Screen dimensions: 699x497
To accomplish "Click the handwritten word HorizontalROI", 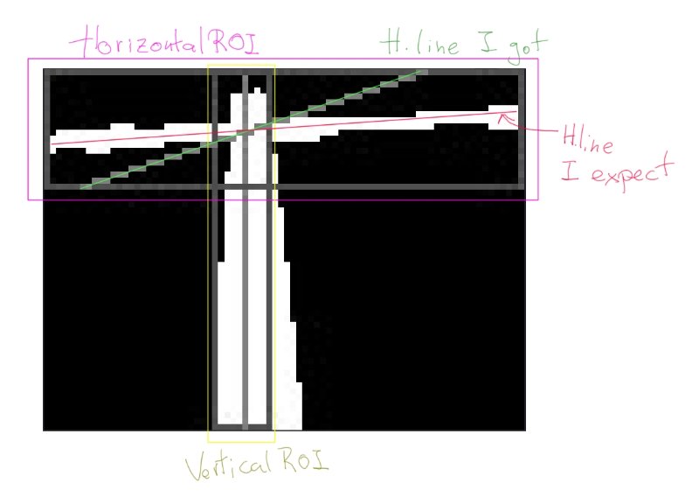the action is coord(164,42).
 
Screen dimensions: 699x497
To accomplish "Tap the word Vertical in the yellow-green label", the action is coord(228,465).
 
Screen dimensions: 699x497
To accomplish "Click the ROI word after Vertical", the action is coord(305,459).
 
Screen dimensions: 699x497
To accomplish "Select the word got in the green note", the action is coord(527,48).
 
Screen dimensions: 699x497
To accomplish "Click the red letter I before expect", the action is coord(570,171).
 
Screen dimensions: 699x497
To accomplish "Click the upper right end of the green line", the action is coord(420,70).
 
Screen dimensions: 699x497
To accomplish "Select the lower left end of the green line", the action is coord(80,188).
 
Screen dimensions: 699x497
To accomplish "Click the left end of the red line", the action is coord(52,143).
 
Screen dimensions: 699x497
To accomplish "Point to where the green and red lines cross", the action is coord(250,129).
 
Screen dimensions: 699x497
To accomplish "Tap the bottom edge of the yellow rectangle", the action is coord(241,442).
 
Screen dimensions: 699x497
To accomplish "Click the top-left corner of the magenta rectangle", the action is coord(29,59).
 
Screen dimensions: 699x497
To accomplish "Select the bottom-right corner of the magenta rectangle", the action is coord(538,199).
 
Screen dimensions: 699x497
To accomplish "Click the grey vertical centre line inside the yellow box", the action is coord(245,250).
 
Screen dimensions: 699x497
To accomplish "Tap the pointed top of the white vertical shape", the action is coord(257,89).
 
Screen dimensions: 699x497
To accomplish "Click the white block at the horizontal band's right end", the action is coord(503,117).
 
